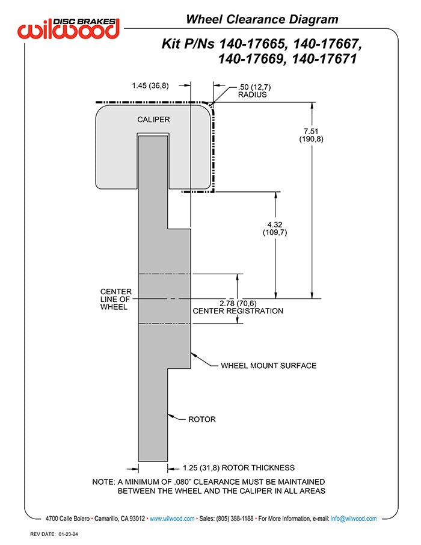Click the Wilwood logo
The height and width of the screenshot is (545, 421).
point(69,28)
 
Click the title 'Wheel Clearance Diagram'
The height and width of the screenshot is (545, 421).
point(262,19)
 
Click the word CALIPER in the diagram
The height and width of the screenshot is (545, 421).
point(153,120)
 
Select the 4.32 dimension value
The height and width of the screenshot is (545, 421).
point(275,224)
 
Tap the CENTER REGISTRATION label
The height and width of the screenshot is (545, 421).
point(237,311)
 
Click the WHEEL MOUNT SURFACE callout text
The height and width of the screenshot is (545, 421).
point(268,365)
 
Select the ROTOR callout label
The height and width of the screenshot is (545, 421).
point(201,419)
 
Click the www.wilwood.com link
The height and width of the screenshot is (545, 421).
point(172,519)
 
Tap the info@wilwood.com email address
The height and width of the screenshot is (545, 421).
point(354,519)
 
